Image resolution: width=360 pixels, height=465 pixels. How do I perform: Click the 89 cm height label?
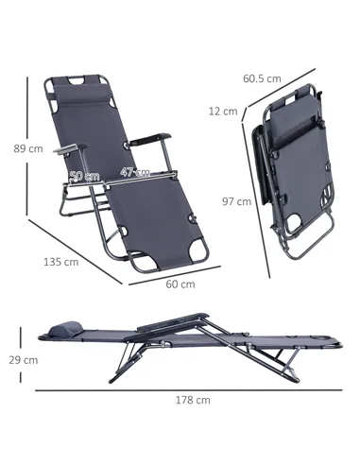(x=28, y=148)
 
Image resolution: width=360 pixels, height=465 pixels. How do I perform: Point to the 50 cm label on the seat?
(x=86, y=176)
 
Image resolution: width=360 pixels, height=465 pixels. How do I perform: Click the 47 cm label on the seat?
(x=134, y=172)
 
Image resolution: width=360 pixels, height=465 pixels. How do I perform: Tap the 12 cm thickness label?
(x=223, y=112)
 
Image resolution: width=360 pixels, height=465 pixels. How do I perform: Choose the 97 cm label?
(x=236, y=200)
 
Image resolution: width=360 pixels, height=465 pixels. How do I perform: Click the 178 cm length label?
(x=193, y=399)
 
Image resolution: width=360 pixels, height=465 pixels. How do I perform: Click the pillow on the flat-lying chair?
(x=63, y=327)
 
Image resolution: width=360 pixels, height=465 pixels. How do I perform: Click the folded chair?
(x=292, y=170)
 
